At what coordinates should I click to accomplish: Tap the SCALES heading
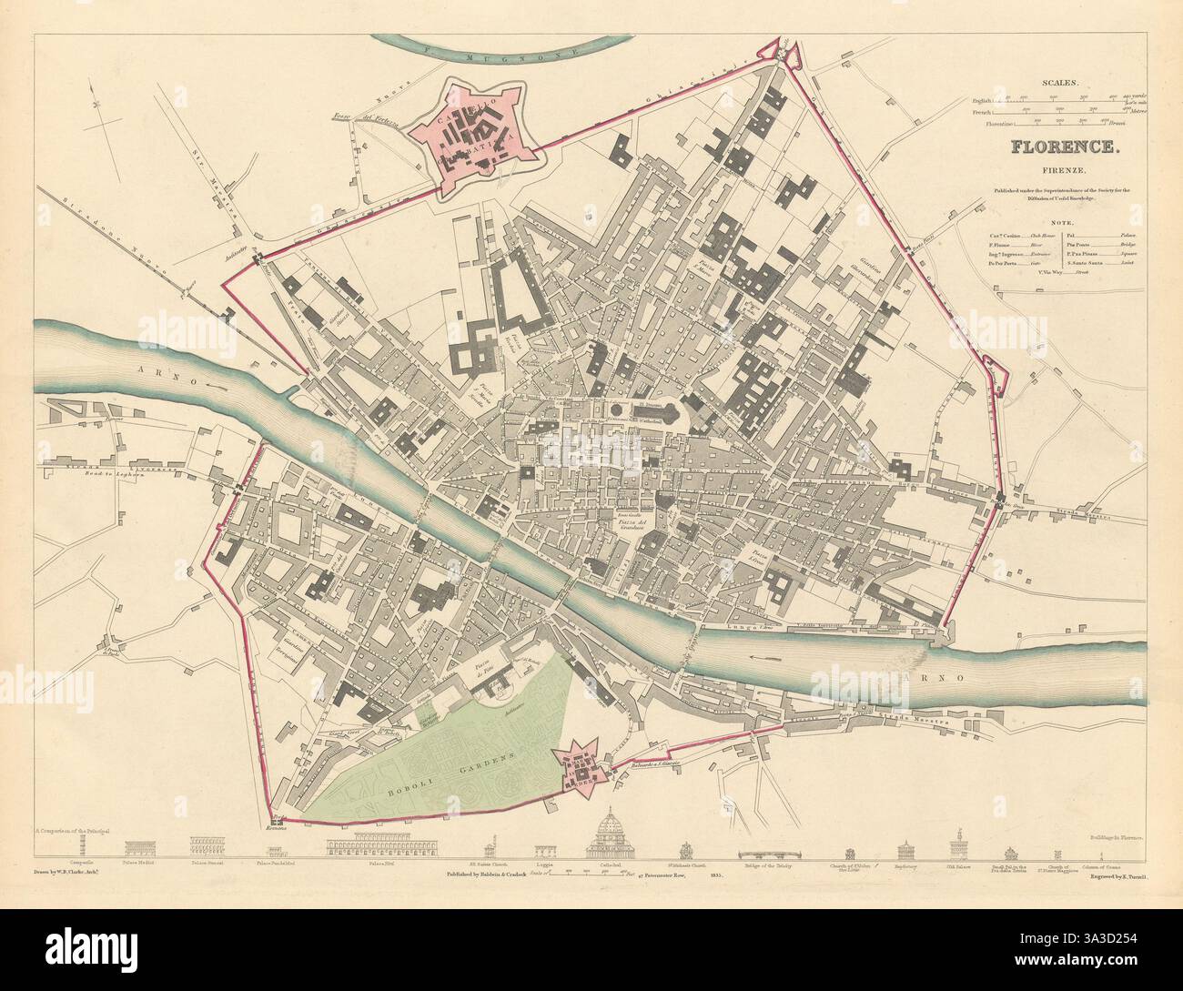point(1064,82)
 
